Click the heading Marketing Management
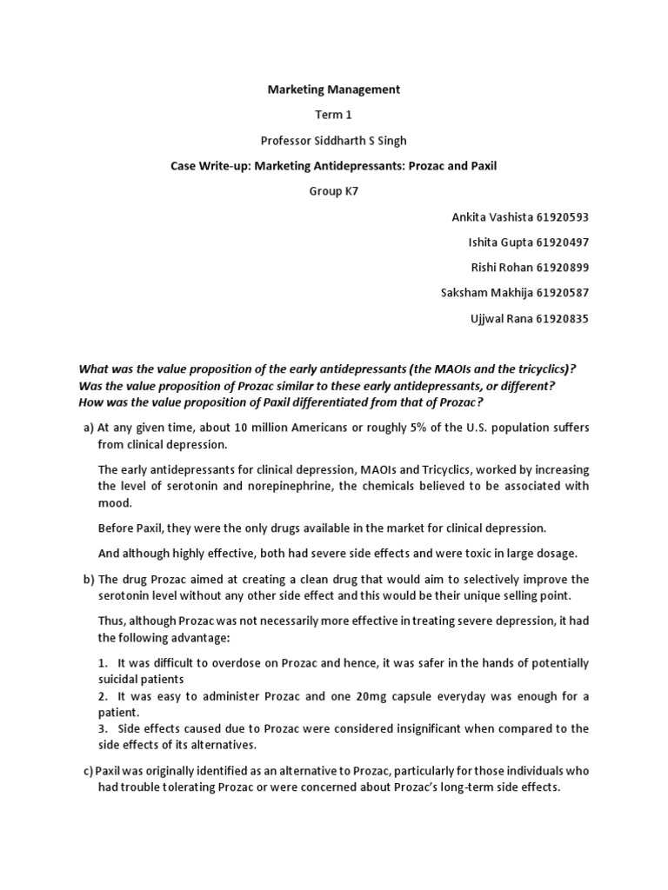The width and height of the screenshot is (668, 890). point(333,89)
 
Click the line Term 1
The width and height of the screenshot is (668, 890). point(333,114)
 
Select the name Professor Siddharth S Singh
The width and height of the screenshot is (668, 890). point(333,140)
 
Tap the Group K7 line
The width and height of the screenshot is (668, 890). point(333,191)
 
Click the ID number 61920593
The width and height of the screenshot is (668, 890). point(558,216)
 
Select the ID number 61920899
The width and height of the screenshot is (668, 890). point(558,268)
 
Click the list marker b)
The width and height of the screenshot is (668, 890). point(88,579)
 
